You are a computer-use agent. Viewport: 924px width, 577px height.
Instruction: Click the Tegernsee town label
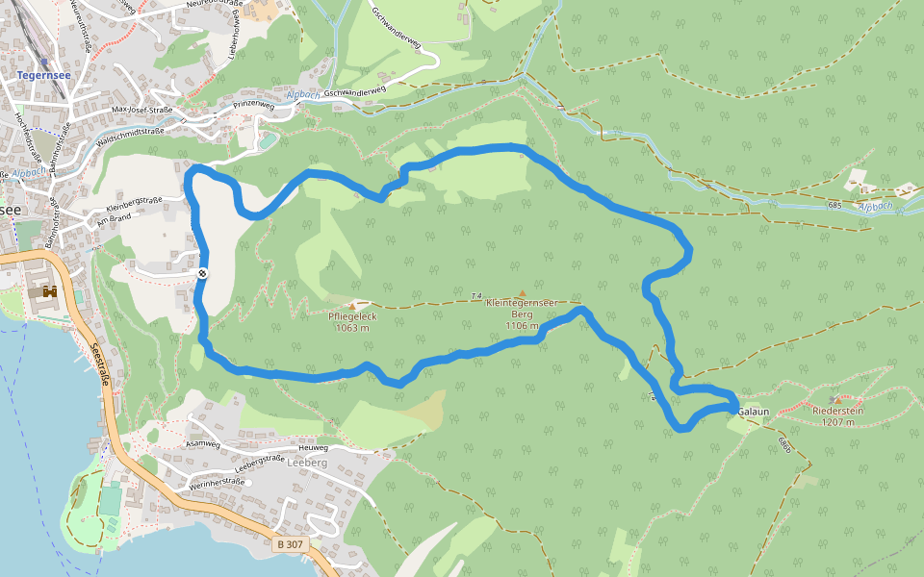pos(39,74)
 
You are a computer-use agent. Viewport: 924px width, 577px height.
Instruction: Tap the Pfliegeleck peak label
pos(352,321)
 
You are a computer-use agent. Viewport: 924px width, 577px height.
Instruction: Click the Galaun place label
pos(754,412)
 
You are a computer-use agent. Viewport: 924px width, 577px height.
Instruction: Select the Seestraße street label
pos(100,366)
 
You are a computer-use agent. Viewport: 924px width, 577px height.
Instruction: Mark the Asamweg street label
pos(203,445)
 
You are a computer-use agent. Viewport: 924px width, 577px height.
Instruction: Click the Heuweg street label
pos(314,448)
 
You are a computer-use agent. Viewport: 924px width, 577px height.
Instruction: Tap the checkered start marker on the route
pos(203,275)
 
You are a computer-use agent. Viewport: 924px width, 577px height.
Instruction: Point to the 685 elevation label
pos(834,206)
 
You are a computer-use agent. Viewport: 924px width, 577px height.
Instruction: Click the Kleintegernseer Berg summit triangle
pos(522,293)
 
